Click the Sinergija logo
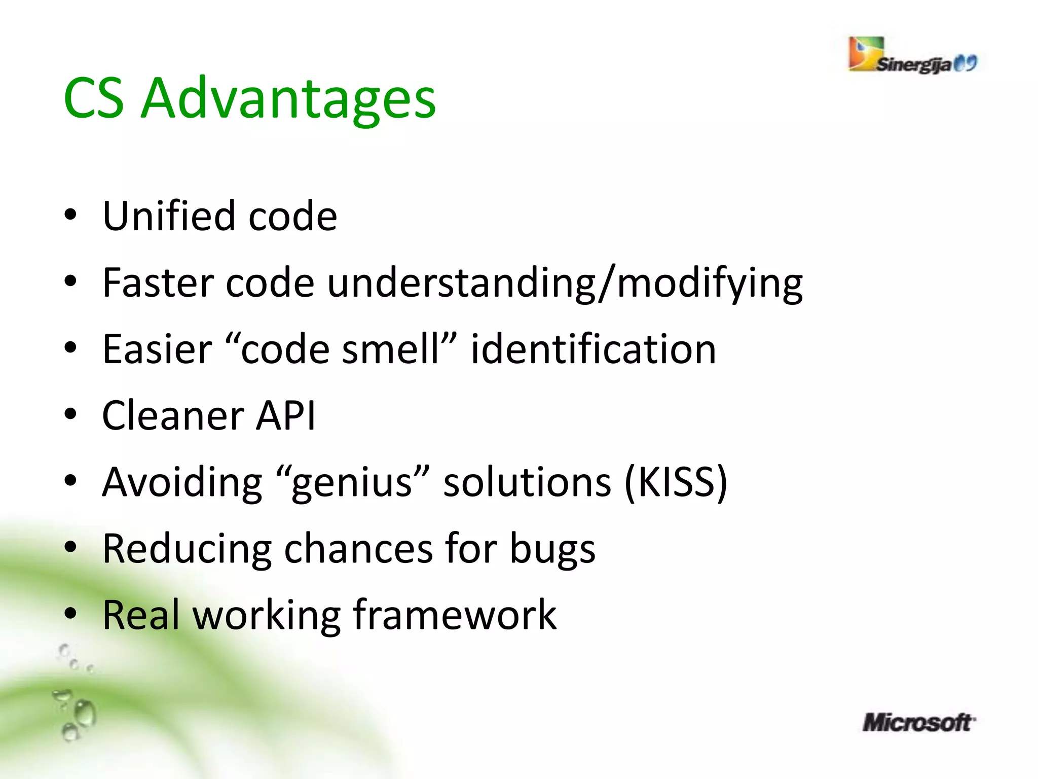[912, 56]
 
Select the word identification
[593, 349]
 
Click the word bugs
[552, 550]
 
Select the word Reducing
[187, 550]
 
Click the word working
[266, 616]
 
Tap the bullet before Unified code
[70, 215]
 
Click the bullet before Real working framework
[70, 614]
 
